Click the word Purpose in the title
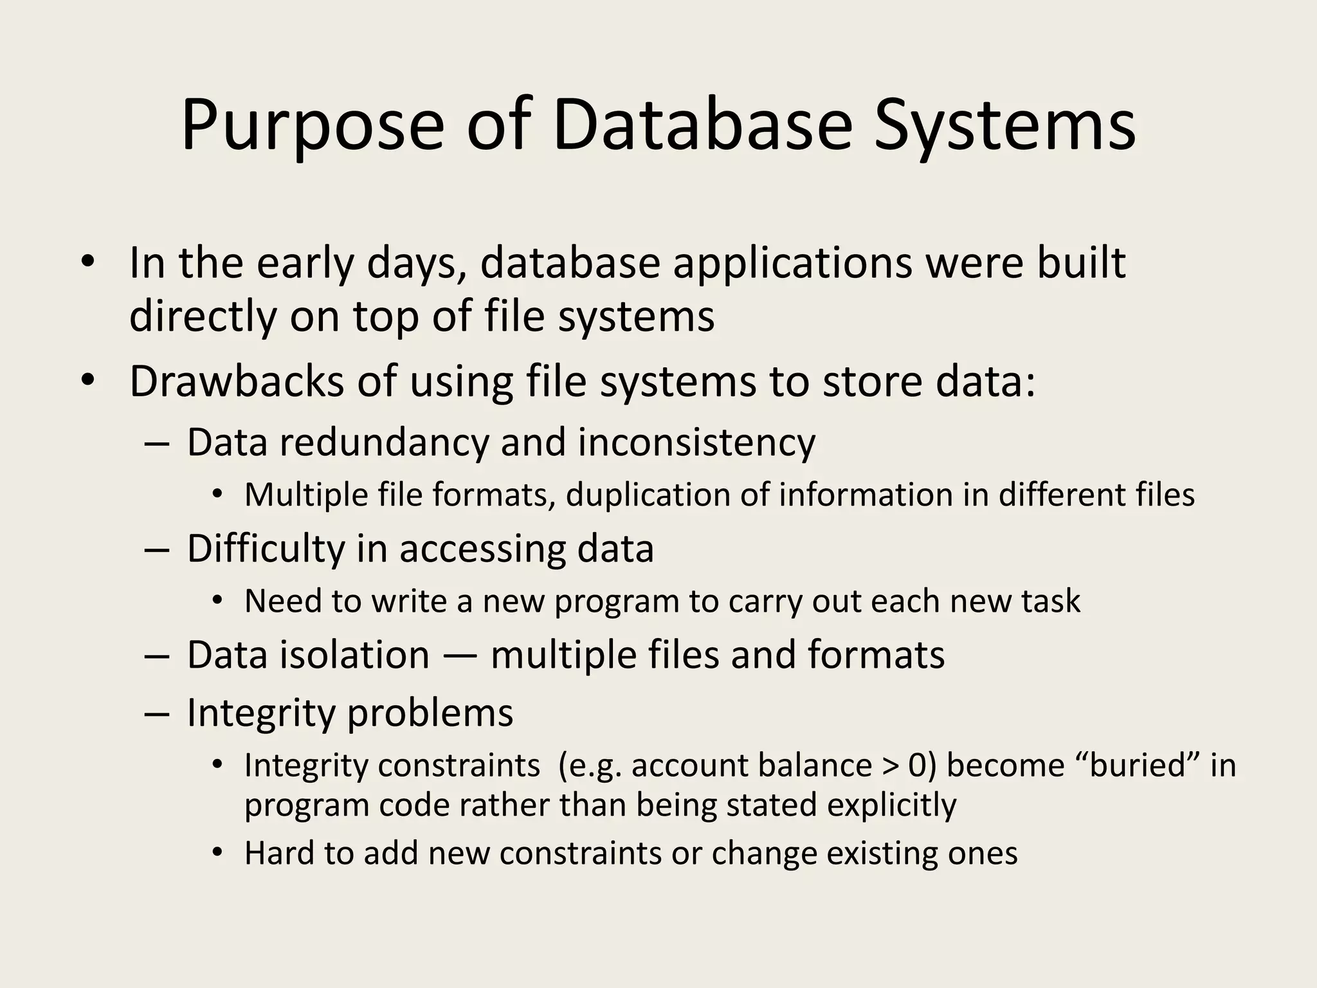pyautogui.click(x=313, y=125)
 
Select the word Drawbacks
pyautogui.click(x=237, y=381)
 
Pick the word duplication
pyautogui.click(x=647, y=495)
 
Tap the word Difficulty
pyautogui.click(x=266, y=549)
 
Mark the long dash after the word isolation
pyautogui.click(x=460, y=656)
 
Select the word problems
pyautogui.click(x=430, y=713)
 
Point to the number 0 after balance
pyautogui.click(x=918, y=765)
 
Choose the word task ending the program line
pyautogui.click(x=1051, y=601)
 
